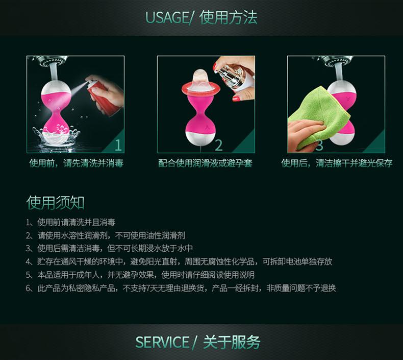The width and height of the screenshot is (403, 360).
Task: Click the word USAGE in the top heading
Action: (167, 17)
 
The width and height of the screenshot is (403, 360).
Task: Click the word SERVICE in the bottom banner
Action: (162, 342)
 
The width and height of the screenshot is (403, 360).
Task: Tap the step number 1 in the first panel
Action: (118, 146)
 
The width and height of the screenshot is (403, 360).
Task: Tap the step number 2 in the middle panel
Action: (218, 146)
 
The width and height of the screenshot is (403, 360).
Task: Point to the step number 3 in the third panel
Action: (319, 146)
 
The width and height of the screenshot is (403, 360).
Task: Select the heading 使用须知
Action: (55, 203)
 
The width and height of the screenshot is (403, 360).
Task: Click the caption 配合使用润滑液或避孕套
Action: (206, 163)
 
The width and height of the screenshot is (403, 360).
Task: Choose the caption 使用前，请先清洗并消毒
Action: (77, 163)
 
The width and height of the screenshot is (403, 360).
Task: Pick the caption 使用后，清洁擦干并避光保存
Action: (337, 163)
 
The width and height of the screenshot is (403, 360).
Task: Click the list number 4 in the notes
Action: (28, 262)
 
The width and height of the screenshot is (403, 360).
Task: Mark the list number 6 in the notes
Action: (28, 288)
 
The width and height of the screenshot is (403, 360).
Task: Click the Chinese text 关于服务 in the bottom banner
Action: (232, 342)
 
